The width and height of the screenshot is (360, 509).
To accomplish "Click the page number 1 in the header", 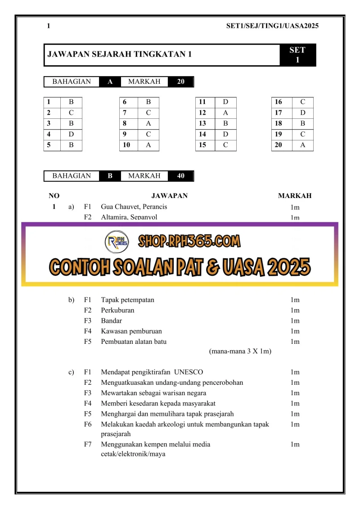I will click(x=49, y=26).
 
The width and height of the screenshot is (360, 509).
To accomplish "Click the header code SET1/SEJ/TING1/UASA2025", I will click(x=272, y=26).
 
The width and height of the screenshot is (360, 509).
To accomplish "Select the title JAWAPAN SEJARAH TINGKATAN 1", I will click(x=120, y=54).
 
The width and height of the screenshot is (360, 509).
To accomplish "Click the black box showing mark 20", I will click(x=180, y=81).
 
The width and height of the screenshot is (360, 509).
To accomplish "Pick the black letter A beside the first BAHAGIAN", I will click(x=110, y=81).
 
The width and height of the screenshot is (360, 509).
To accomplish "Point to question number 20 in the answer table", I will click(x=279, y=145).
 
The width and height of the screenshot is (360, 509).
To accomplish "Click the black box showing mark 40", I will click(x=180, y=176).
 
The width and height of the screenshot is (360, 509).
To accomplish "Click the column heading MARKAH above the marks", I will click(x=295, y=196).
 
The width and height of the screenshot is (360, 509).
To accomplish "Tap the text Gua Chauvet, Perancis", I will click(x=134, y=207).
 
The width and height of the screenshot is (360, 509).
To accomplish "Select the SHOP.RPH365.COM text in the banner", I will click(x=189, y=242).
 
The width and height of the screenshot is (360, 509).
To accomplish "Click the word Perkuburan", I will click(x=117, y=310).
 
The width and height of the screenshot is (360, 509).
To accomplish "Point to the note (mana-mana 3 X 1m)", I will click(x=240, y=351).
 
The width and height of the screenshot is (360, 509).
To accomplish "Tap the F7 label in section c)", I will click(x=88, y=444).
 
